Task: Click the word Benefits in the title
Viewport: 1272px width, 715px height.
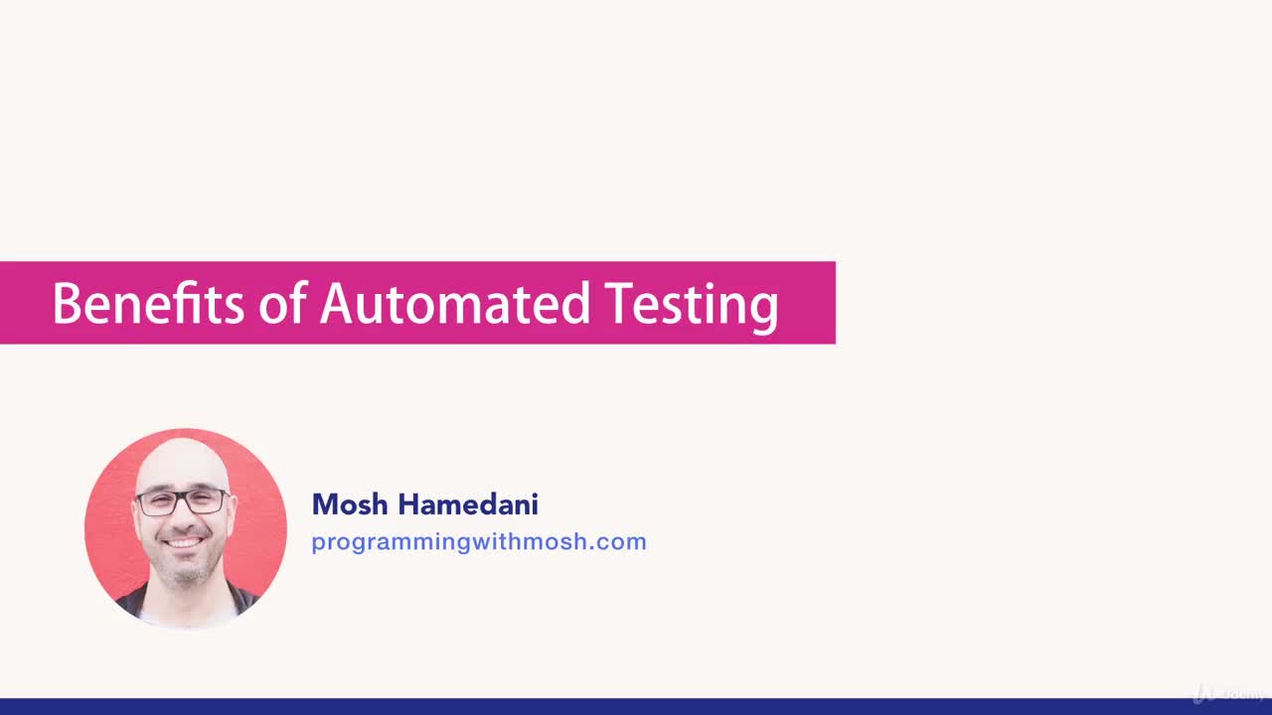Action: pos(147,304)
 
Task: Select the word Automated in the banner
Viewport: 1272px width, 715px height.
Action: pos(455,304)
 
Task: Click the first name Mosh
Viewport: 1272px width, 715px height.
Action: pos(350,504)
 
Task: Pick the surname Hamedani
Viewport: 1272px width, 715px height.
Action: pos(468,504)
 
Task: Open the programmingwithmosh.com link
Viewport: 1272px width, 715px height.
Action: pos(478,542)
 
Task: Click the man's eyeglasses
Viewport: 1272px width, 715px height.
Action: pos(183,501)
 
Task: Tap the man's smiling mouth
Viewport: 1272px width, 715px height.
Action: pos(185,542)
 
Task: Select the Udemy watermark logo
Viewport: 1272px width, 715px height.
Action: pos(1229,693)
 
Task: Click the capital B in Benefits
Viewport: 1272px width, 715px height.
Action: pos(66,304)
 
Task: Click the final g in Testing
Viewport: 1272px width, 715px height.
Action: pos(765,308)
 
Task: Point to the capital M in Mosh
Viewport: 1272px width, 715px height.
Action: pos(324,504)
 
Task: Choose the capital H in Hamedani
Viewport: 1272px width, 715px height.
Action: pos(408,504)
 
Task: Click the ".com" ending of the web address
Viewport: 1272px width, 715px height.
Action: pos(623,542)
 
